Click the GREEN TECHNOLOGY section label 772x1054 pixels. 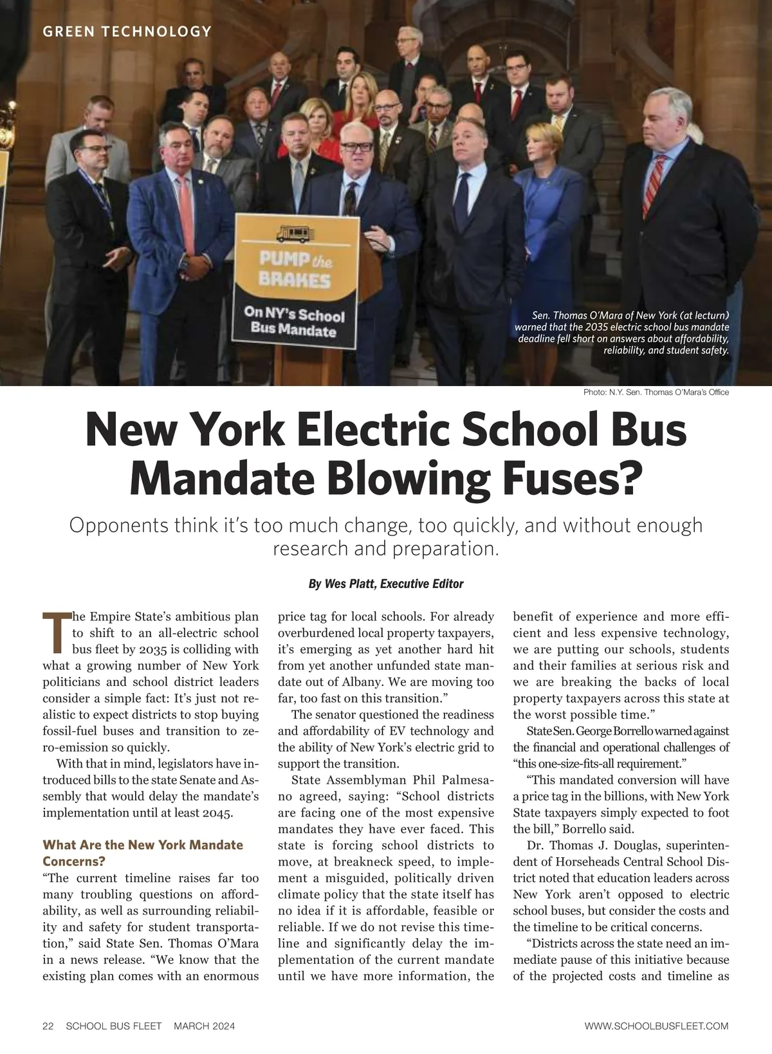pyautogui.click(x=127, y=31)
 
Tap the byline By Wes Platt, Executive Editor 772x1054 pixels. pyautogui.click(x=386, y=584)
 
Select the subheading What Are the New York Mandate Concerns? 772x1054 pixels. pyautogui.click(x=142, y=853)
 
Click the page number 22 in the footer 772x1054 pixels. pyautogui.click(x=48, y=1026)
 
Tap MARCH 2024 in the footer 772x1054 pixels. pyautogui.click(x=204, y=1026)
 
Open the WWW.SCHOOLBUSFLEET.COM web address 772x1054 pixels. pyautogui.click(x=656, y=1026)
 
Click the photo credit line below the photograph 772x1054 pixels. pyautogui.click(x=656, y=392)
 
